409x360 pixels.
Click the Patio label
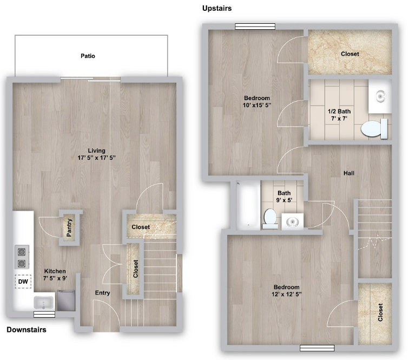click(x=88, y=56)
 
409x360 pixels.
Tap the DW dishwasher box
click(x=23, y=282)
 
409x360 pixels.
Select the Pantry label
click(x=69, y=228)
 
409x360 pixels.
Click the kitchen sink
click(x=44, y=302)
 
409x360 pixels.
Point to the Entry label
click(x=102, y=293)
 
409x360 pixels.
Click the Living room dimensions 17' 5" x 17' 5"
click(x=96, y=158)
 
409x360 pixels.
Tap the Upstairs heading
click(x=217, y=8)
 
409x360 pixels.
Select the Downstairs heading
click(x=27, y=330)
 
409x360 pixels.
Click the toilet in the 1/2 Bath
click(x=374, y=128)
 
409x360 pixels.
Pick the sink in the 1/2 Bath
click(x=381, y=96)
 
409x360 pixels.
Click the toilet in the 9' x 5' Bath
click(x=271, y=219)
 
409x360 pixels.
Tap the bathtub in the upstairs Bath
click(x=248, y=205)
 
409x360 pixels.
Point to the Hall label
click(x=349, y=173)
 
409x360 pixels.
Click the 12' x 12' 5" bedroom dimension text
click(x=286, y=294)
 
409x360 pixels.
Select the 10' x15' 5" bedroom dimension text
click(x=257, y=105)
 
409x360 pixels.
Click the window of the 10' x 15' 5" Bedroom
click(x=255, y=26)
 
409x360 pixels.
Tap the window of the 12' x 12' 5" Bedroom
click(x=317, y=348)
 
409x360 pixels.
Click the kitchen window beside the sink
click(x=44, y=315)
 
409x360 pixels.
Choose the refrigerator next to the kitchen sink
click(x=66, y=300)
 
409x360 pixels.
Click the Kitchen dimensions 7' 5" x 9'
click(x=55, y=278)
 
